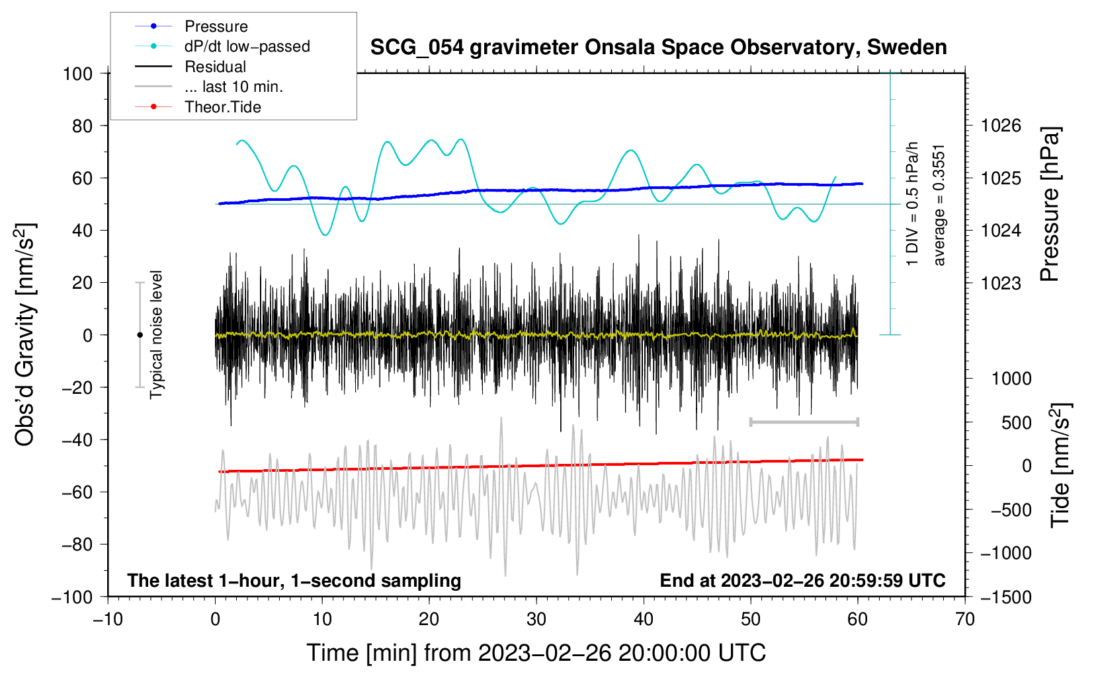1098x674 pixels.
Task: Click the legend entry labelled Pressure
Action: pyautogui.click(x=216, y=26)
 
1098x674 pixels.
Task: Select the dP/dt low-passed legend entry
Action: pyautogui.click(x=247, y=46)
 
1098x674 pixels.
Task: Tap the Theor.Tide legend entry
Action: pyautogui.click(x=222, y=107)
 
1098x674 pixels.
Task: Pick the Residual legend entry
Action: pyautogui.click(x=215, y=67)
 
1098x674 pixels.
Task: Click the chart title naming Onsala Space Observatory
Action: pyautogui.click(x=658, y=48)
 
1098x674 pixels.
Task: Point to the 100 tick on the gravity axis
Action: pyautogui.click(x=77, y=73)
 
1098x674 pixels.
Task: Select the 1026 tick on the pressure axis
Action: pyautogui.click(x=1001, y=126)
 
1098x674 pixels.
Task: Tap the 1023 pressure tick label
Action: pyautogui.click(x=1001, y=283)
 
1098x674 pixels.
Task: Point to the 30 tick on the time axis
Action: pyautogui.click(x=536, y=619)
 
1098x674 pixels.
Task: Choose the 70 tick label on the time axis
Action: pyautogui.click(x=965, y=619)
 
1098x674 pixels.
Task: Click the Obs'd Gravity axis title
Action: pyautogui.click(x=25, y=334)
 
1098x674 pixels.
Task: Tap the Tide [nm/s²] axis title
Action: pyautogui.click(x=1060, y=465)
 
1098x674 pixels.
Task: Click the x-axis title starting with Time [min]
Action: pyautogui.click(x=536, y=653)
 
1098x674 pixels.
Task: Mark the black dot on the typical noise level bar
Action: pyautogui.click(x=140, y=335)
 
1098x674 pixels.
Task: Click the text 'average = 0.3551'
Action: pyautogui.click(x=939, y=205)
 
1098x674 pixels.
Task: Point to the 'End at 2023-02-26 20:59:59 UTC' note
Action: pyautogui.click(x=802, y=580)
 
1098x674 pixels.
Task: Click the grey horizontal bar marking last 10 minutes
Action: pyautogui.click(x=804, y=422)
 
